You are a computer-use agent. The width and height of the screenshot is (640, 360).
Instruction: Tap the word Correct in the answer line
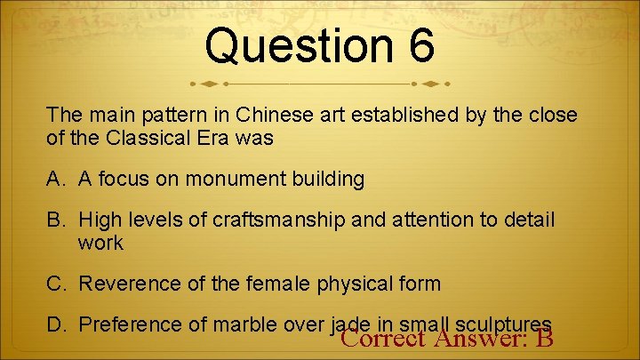pyautogui.click(x=383, y=339)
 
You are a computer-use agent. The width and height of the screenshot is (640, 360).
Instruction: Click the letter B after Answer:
pyautogui.click(x=545, y=339)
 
